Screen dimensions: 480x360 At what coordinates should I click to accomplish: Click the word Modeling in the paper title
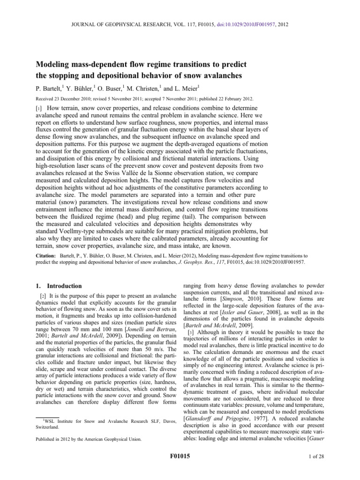tap(53, 64)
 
